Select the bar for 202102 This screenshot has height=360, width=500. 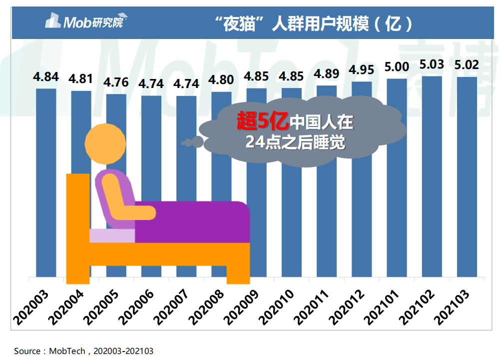432,175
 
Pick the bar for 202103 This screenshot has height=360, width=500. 467,175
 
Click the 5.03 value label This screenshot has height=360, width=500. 432,65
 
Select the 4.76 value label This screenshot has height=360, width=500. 116,82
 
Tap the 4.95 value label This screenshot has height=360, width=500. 362,69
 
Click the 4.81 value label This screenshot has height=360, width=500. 81,79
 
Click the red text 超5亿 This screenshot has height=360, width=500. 262,120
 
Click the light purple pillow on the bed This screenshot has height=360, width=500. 112,235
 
